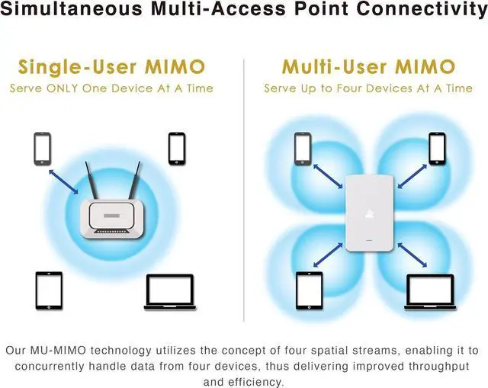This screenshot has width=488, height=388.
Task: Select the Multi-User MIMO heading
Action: coord(369,66)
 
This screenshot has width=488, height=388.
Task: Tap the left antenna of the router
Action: coord(90,183)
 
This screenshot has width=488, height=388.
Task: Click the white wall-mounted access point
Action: coord(368,214)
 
